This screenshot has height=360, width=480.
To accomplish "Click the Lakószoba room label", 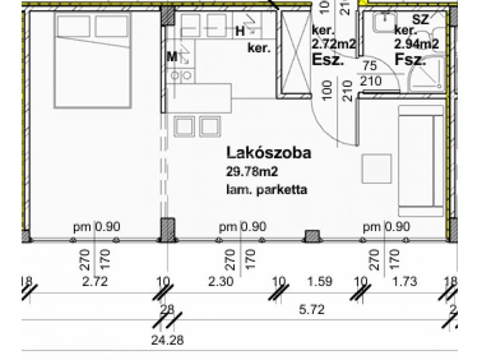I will click(x=268, y=152).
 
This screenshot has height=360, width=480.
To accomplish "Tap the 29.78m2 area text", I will click(x=253, y=172).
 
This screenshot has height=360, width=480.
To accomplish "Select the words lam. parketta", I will click(x=267, y=191).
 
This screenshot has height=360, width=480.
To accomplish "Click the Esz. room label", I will click(x=328, y=59).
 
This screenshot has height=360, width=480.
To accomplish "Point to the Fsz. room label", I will click(x=410, y=59).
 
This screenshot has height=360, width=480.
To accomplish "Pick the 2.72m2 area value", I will click(x=335, y=44).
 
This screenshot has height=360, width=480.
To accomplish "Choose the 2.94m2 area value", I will click(x=416, y=44).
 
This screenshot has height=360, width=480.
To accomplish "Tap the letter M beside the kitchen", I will click(x=172, y=57).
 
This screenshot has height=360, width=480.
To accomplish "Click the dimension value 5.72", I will click(x=312, y=309).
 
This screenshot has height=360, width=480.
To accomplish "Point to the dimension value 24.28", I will click(x=167, y=340).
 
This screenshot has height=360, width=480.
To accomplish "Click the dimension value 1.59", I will click(x=319, y=281).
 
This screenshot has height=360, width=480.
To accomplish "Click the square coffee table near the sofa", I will click(x=376, y=169).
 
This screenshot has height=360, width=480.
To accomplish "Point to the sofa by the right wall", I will click(x=421, y=161).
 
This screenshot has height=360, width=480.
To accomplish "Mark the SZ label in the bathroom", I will click(x=421, y=19).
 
